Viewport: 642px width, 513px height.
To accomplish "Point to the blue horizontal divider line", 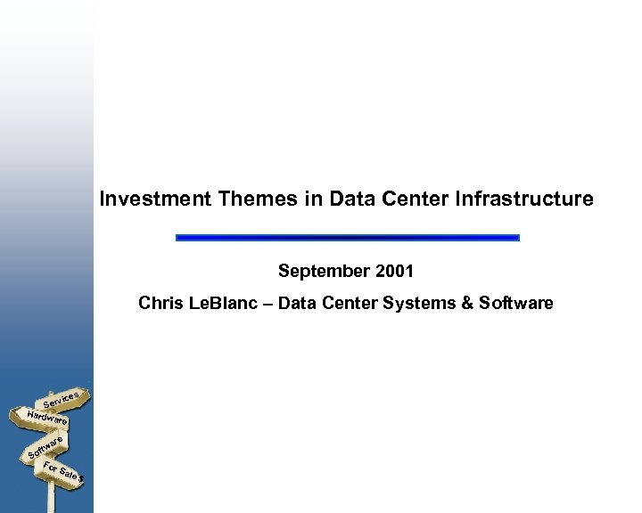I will click(x=347, y=238).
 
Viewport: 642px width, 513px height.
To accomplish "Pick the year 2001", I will click(x=394, y=271).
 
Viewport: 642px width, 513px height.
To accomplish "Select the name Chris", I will click(x=160, y=304).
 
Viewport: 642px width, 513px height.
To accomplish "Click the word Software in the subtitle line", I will click(x=515, y=304).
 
